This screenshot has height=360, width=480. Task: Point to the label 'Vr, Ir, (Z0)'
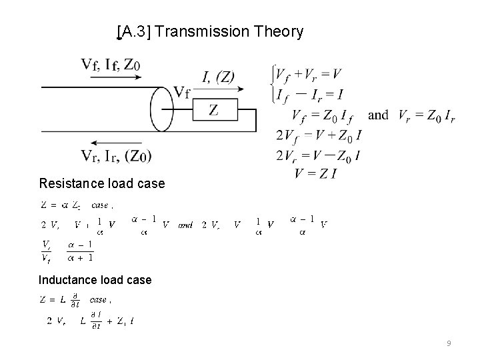[116, 156]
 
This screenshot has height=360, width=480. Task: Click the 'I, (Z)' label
[219, 75]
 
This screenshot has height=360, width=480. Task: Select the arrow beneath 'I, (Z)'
[221, 88]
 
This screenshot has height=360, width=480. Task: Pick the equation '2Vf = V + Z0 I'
[319, 136]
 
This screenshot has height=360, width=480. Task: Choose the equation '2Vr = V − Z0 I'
[319, 157]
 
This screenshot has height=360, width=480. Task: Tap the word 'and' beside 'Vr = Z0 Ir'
[378, 115]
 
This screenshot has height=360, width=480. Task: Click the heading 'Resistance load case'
[102, 183]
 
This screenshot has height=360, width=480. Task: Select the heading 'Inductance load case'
[95, 280]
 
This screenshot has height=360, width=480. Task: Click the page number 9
[449, 343]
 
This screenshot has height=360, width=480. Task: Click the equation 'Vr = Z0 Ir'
[427, 115]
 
